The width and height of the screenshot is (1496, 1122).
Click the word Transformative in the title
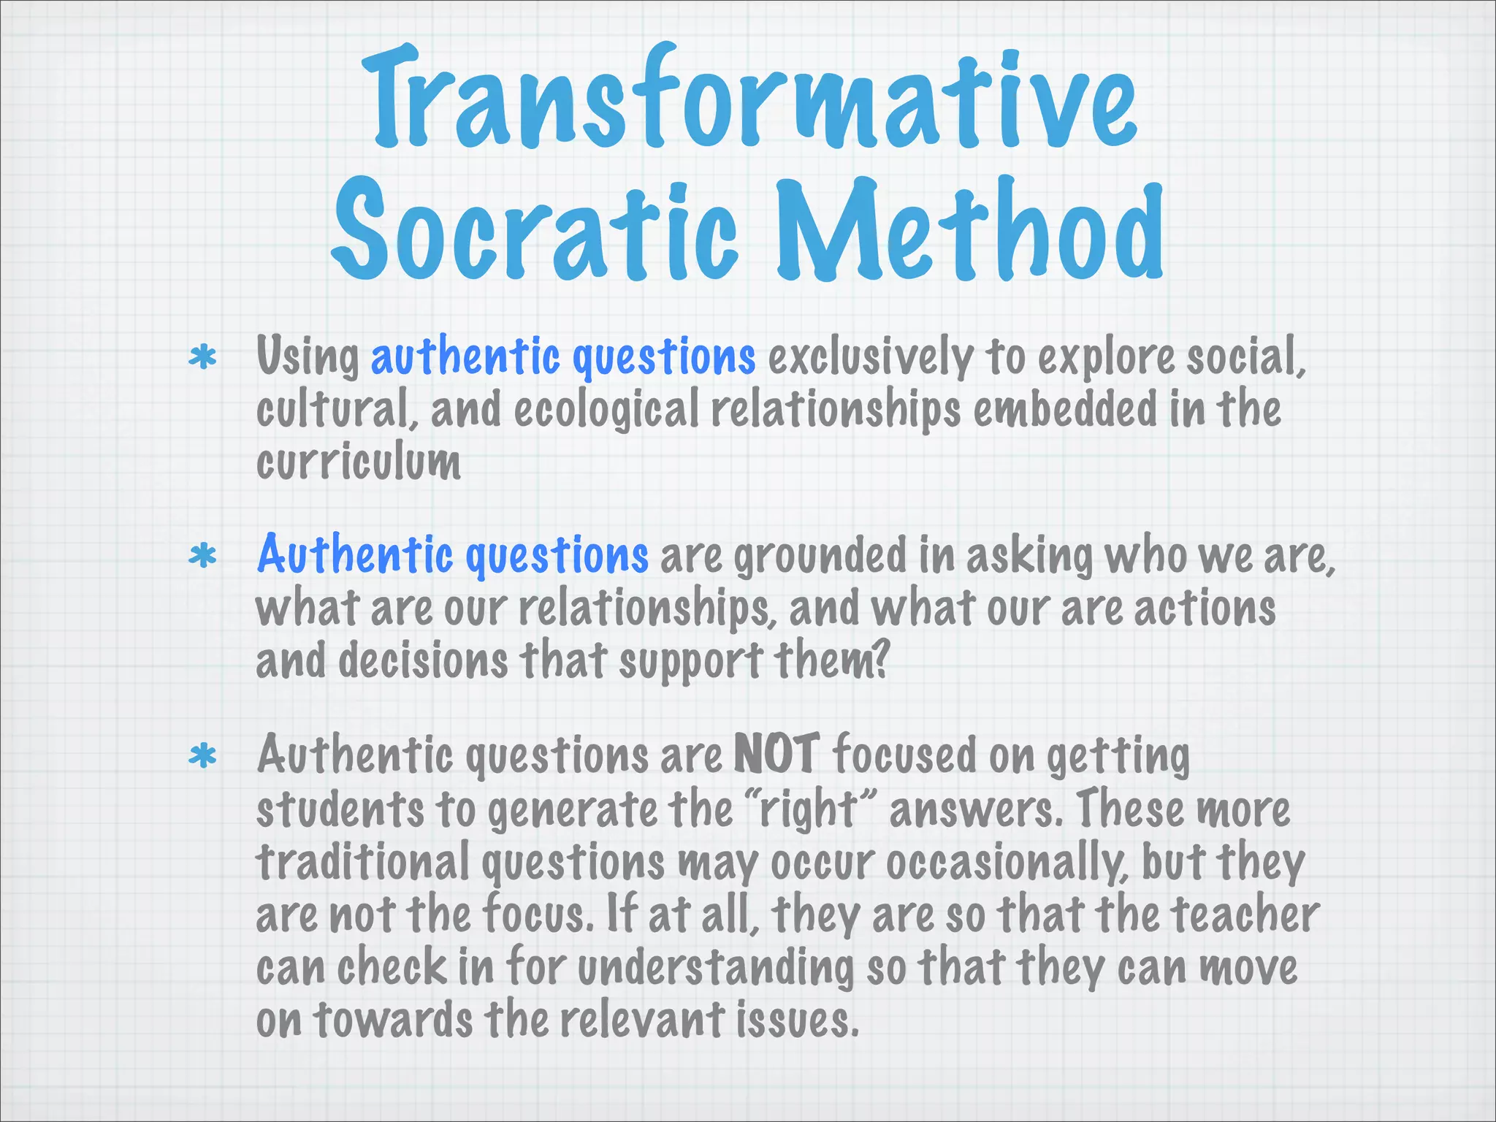click(x=748, y=99)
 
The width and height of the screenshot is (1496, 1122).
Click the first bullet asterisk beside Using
click(x=202, y=358)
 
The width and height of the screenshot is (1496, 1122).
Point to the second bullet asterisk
click(x=202, y=557)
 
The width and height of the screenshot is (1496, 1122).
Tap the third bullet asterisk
click(x=202, y=757)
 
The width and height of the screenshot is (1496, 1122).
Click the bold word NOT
click(x=776, y=754)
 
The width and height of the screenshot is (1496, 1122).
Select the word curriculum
click(x=358, y=462)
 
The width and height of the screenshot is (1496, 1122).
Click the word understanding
click(x=715, y=969)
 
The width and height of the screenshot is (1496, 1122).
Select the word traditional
click(x=362, y=862)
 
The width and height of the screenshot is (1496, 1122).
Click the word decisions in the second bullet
click(x=422, y=660)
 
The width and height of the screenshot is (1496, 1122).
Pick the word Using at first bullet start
click(x=308, y=358)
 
